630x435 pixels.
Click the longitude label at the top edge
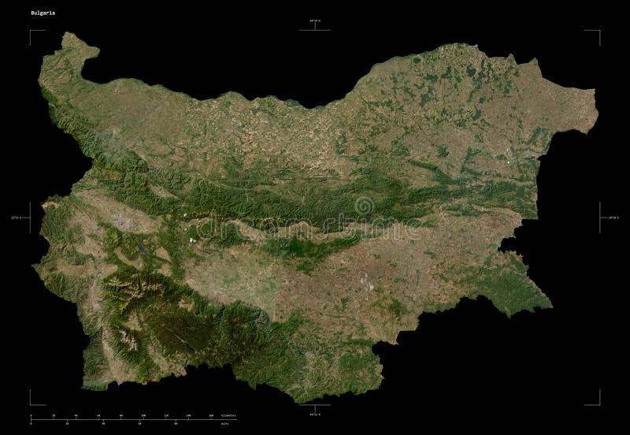(x=315, y=20)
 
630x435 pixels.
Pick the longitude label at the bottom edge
(x=315, y=414)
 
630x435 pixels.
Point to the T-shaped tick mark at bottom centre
(x=315, y=405)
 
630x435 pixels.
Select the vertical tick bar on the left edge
(x=30, y=217)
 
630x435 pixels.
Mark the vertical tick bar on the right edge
(x=600, y=217)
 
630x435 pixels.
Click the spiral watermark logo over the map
(x=365, y=206)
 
